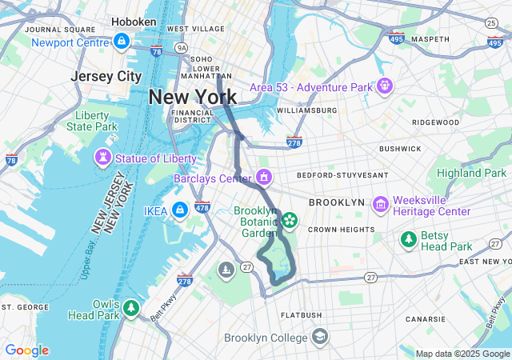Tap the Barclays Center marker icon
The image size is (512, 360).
[x=263, y=177]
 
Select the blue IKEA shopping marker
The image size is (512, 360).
[x=179, y=210]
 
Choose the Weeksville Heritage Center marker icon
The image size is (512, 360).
[x=380, y=206]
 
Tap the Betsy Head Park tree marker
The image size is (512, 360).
[x=409, y=239]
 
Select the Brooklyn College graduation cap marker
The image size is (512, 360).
[x=320, y=336]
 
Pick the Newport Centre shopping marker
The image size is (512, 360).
[x=122, y=41]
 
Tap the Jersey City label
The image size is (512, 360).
[x=106, y=76]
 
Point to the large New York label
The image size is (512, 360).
[x=192, y=97]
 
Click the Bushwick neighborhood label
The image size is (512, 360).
[x=400, y=149]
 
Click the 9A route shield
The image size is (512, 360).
[x=182, y=48]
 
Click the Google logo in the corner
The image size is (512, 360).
[x=26, y=350]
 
